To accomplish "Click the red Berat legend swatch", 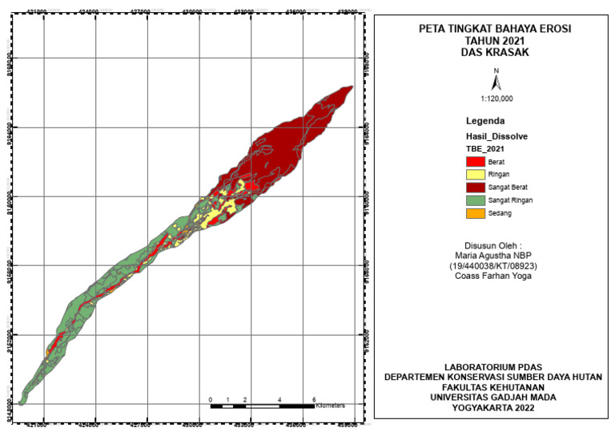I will pyautogui.click(x=474, y=161).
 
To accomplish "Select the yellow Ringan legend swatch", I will pyautogui.click(x=474, y=174).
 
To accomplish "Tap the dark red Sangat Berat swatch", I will pyautogui.click(x=474, y=187).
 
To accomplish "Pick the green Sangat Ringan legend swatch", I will pyautogui.click(x=474, y=200).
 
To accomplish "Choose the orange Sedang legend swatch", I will pyautogui.click(x=474, y=212).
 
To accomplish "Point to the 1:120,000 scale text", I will pyautogui.click(x=496, y=99).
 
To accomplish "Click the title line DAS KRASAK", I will pyautogui.click(x=496, y=52).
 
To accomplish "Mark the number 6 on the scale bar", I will pyautogui.click(x=314, y=398).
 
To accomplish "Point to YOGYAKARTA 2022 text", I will pyautogui.click(x=494, y=407).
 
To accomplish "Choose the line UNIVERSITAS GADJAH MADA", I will pyautogui.click(x=494, y=397).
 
